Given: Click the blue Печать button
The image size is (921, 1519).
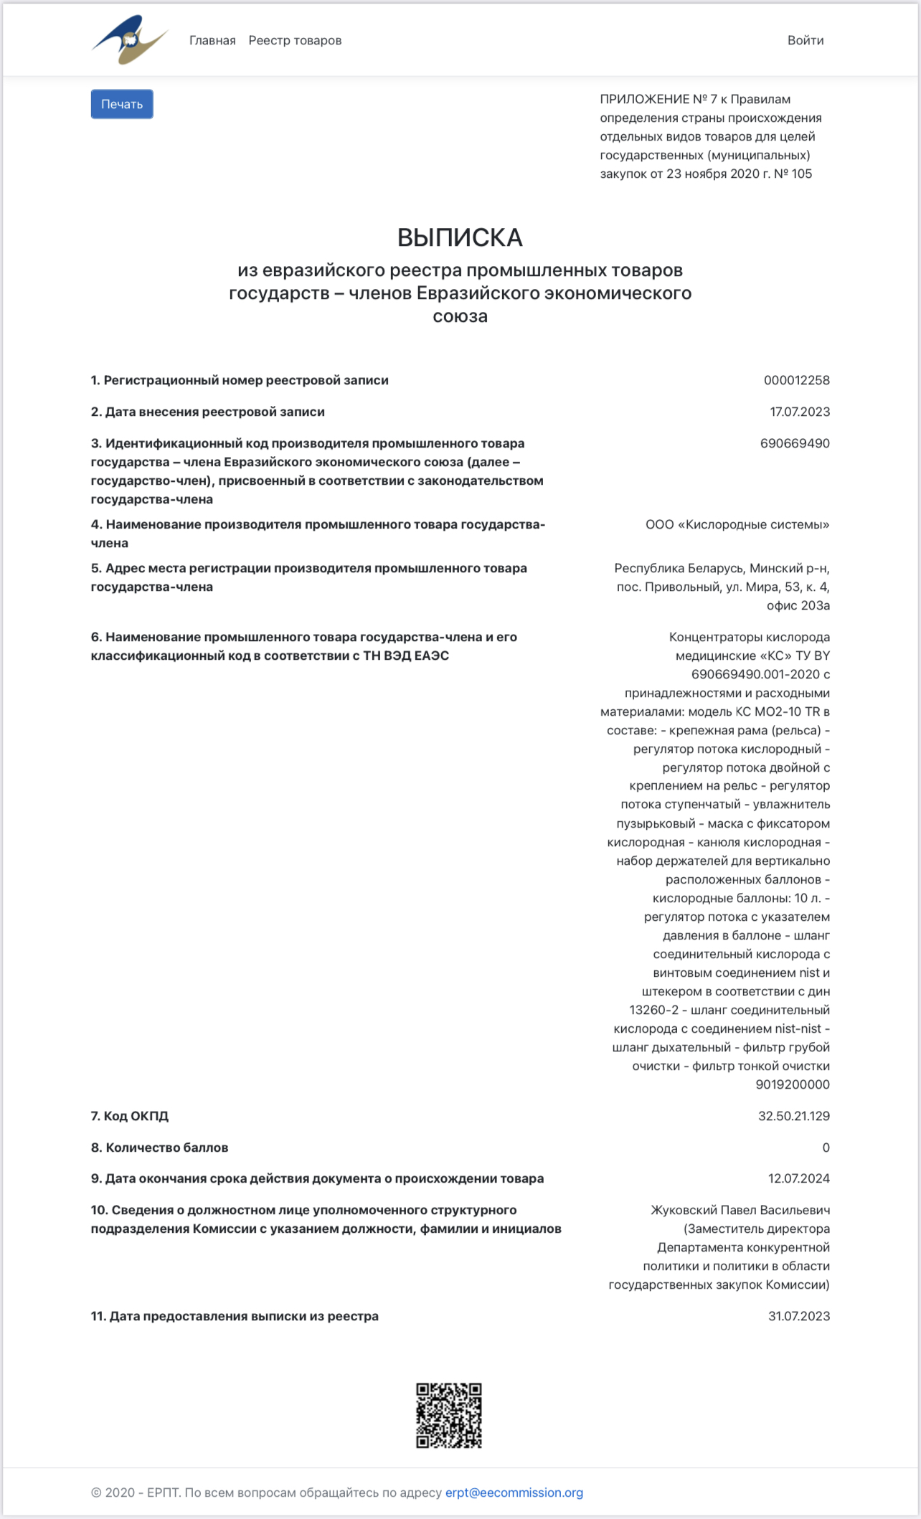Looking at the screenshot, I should tap(122, 104).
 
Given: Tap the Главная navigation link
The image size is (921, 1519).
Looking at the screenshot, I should tap(212, 40).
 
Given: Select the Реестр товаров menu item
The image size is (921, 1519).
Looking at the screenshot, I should tap(295, 40).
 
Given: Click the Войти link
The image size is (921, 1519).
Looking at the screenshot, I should tap(805, 40).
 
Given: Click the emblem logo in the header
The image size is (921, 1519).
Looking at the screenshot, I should tap(129, 40).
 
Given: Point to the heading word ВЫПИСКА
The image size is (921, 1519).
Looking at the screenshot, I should tap(460, 237).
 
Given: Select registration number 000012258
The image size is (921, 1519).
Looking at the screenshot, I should tap(796, 380).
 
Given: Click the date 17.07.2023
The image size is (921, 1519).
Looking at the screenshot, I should tap(799, 412).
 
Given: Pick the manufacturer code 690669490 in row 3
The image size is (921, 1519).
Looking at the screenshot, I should tap(795, 443).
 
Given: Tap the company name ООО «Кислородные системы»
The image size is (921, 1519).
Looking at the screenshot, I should tap(737, 524).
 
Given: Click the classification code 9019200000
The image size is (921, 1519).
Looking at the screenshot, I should tap(792, 1084).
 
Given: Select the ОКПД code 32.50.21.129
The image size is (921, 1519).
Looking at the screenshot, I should tap(793, 1116).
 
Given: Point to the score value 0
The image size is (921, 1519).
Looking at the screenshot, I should tap(826, 1147).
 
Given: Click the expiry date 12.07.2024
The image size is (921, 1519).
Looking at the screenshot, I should tap(798, 1178).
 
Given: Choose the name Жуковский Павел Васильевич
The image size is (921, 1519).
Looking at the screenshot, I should tap(740, 1210).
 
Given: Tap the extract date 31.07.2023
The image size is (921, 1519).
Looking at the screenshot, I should tap(798, 1316).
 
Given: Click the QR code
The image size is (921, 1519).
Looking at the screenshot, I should tap(449, 1416).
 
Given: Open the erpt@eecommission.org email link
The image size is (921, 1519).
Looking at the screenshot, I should tap(514, 1492).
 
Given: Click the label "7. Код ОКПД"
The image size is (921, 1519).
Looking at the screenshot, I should tap(130, 1116).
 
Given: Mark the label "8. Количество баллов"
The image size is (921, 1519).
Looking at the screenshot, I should tap(159, 1147).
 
